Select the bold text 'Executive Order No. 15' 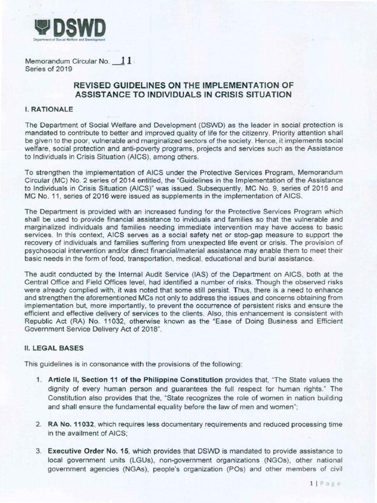[x=87, y=450]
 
